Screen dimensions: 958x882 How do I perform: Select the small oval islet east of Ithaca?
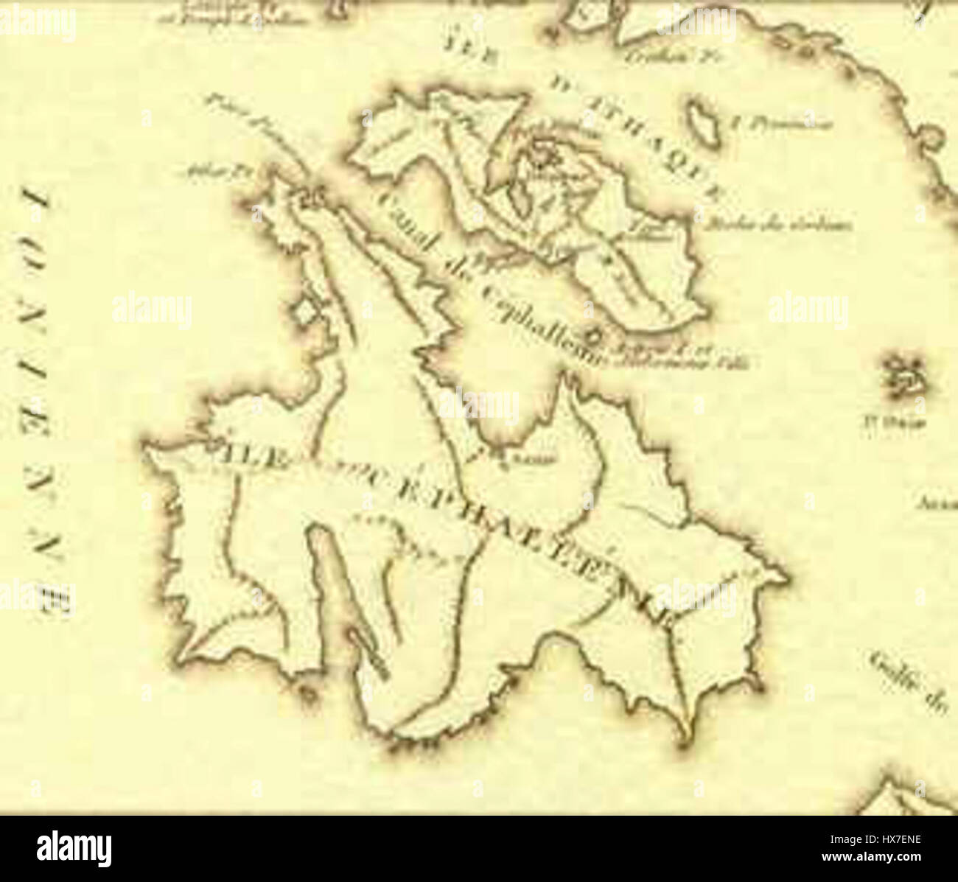[701, 122]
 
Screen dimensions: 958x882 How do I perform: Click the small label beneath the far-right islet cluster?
[894, 423]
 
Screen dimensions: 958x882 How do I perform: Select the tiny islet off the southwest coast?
[304, 690]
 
